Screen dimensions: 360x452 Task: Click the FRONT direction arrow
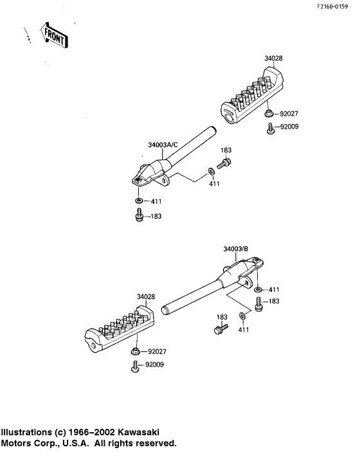point(53,35)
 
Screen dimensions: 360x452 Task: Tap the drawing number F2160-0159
point(332,6)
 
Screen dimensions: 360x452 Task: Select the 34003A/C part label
point(163,145)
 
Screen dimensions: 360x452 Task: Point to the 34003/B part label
point(236,249)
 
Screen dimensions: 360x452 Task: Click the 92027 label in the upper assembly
point(289,114)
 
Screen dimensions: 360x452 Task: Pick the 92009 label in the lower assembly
point(154,365)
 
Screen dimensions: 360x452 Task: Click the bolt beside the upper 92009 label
point(271,129)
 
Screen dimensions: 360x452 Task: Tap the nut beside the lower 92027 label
point(136,352)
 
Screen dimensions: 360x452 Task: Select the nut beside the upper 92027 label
point(269,114)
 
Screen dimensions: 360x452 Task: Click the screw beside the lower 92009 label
point(134,366)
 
